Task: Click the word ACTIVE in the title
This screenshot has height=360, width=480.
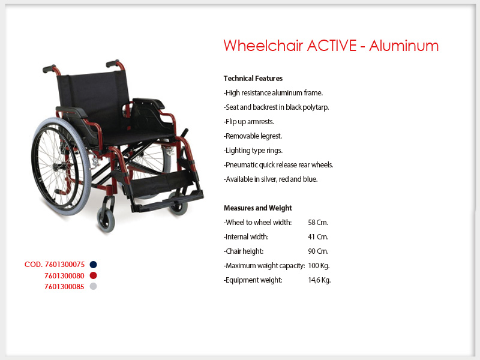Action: tap(332, 46)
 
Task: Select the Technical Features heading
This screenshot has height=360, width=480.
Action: tap(253, 79)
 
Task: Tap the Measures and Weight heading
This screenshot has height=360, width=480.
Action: tap(258, 208)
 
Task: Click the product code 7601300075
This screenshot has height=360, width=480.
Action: tap(65, 265)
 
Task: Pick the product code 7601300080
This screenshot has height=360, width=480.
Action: tap(64, 276)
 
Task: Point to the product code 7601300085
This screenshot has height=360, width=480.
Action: tap(64, 287)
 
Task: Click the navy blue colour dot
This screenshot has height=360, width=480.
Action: tap(94, 265)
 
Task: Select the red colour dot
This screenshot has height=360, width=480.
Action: tap(94, 275)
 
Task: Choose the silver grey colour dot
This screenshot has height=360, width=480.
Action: tap(94, 286)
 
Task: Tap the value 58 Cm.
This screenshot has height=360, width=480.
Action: tap(318, 223)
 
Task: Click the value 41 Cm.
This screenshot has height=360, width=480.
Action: tap(318, 237)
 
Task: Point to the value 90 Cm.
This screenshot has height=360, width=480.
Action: tap(318, 251)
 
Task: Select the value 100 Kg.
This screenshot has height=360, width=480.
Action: tap(319, 266)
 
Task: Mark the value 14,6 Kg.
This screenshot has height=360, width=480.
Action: tap(319, 280)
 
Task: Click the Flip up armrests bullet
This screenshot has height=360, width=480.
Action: tap(249, 122)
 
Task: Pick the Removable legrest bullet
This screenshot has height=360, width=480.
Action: tap(253, 136)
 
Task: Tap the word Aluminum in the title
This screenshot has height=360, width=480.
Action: tap(404, 46)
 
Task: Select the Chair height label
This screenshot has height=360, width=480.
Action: tap(244, 251)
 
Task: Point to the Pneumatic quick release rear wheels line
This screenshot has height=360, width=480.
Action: tap(278, 165)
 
